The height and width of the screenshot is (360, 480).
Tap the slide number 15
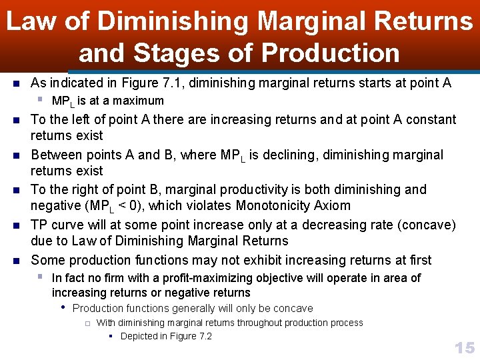(x=464, y=347)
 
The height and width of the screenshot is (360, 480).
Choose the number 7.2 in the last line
(x=203, y=336)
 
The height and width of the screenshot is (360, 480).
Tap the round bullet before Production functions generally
(x=63, y=308)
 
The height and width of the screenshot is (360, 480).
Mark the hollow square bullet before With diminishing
(x=87, y=323)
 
